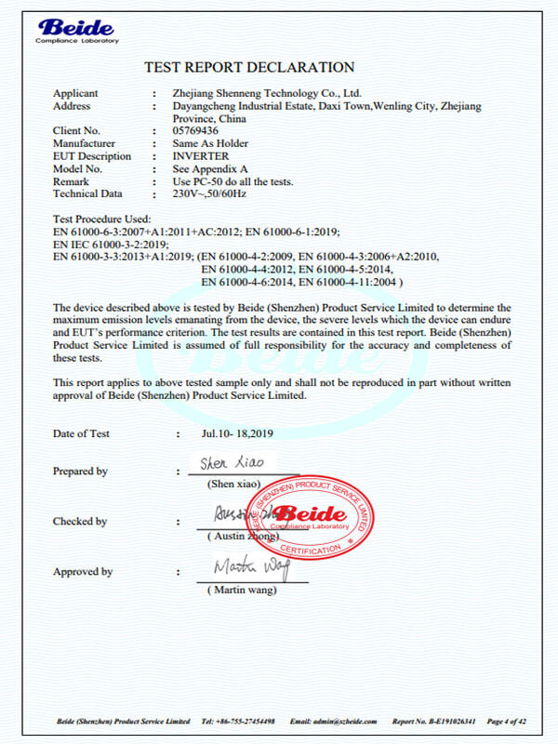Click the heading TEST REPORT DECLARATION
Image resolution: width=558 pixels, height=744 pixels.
249,67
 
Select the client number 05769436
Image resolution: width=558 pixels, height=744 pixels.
197,131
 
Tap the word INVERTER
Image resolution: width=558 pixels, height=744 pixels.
201,156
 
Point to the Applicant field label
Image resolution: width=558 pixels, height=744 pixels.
75,94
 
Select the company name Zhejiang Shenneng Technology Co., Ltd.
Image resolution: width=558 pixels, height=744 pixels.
267,94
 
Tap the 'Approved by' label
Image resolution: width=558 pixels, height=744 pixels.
83,572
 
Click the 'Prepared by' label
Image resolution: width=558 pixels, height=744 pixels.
80,472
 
